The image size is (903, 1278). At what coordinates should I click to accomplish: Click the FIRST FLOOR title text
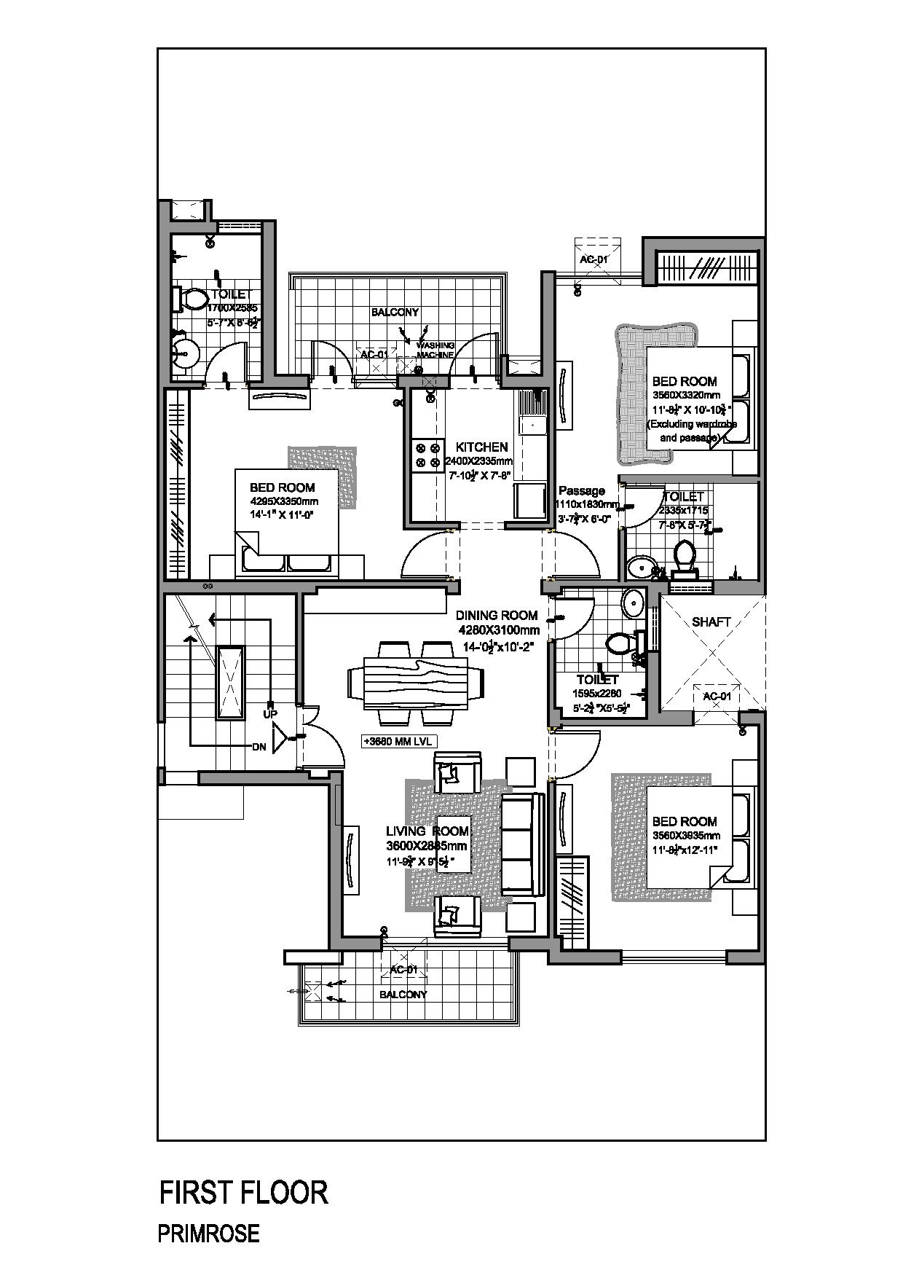(x=244, y=1193)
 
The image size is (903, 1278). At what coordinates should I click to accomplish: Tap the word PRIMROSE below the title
(x=208, y=1234)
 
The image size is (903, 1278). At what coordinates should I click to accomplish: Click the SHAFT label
(x=711, y=622)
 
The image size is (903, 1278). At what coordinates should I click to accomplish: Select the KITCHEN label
(x=481, y=447)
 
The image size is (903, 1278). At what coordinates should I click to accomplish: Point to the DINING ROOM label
(x=497, y=615)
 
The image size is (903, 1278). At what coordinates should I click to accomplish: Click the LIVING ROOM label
(x=427, y=831)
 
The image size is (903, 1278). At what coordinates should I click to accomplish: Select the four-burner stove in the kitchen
(x=427, y=455)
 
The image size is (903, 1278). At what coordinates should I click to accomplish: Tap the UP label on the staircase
(x=270, y=714)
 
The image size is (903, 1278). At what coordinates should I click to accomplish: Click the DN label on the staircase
(x=259, y=747)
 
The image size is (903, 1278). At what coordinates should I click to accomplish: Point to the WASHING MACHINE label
(x=435, y=350)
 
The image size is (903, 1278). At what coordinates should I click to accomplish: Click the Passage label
(x=581, y=490)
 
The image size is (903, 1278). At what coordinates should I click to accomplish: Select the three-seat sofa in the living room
(x=523, y=844)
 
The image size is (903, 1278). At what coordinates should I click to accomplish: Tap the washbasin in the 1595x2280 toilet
(x=633, y=603)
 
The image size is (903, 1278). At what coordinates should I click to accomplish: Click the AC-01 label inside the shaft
(x=717, y=697)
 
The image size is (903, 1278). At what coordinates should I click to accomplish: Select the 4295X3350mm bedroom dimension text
(x=284, y=501)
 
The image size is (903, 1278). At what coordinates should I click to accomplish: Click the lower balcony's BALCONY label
(x=403, y=994)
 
